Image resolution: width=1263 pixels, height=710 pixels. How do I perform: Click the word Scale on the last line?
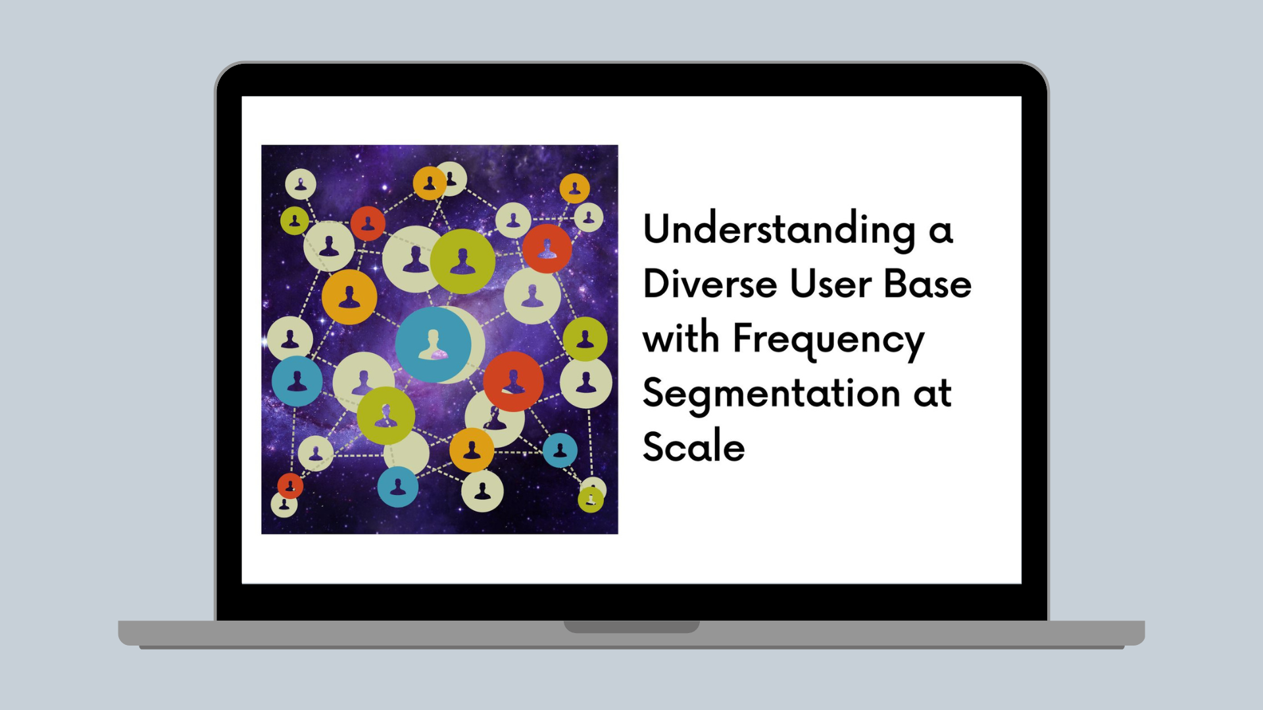[694, 446]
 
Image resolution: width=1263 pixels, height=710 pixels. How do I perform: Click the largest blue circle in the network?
[433, 345]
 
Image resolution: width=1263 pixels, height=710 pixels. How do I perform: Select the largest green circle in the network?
[463, 261]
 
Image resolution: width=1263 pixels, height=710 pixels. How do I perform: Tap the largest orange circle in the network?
[349, 296]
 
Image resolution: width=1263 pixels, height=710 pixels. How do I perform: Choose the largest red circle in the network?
[513, 381]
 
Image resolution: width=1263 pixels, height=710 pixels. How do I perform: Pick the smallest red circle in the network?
[290, 486]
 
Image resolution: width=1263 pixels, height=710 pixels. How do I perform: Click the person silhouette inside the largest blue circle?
[433, 345]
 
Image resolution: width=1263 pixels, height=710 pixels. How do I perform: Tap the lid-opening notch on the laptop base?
[631, 627]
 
